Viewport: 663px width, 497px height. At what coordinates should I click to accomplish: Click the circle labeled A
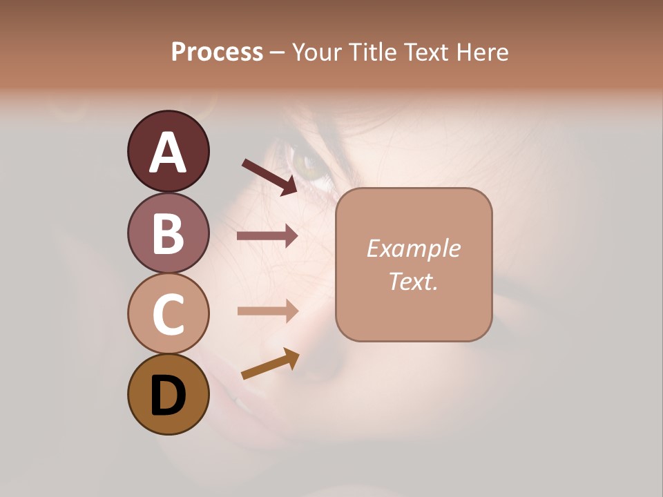[x=168, y=151]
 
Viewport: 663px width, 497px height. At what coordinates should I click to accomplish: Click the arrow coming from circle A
[x=269, y=177]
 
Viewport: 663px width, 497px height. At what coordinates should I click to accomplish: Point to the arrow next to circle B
[x=267, y=236]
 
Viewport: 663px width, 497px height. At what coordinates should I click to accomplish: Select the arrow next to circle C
[x=267, y=311]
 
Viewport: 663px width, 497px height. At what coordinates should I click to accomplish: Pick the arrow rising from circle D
[x=270, y=364]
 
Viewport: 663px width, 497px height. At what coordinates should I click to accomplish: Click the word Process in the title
[x=217, y=52]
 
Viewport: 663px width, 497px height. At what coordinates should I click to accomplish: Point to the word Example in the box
[x=413, y=248]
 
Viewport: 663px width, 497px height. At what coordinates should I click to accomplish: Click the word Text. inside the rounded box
[x=413, y=281]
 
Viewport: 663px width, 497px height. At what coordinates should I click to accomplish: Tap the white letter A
[x=168, y=152]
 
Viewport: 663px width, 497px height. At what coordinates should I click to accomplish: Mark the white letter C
[x=168, y=314]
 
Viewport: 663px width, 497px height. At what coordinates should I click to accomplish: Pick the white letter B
[x=168, y=233]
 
